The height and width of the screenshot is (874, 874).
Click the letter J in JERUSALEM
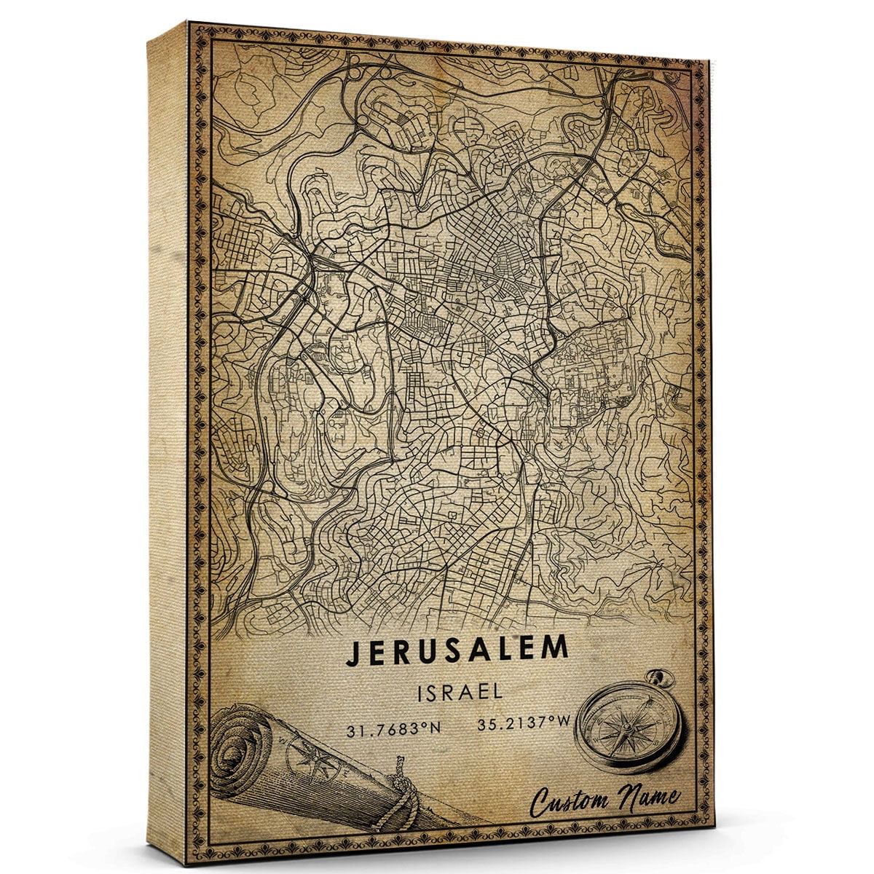(353, 653)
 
